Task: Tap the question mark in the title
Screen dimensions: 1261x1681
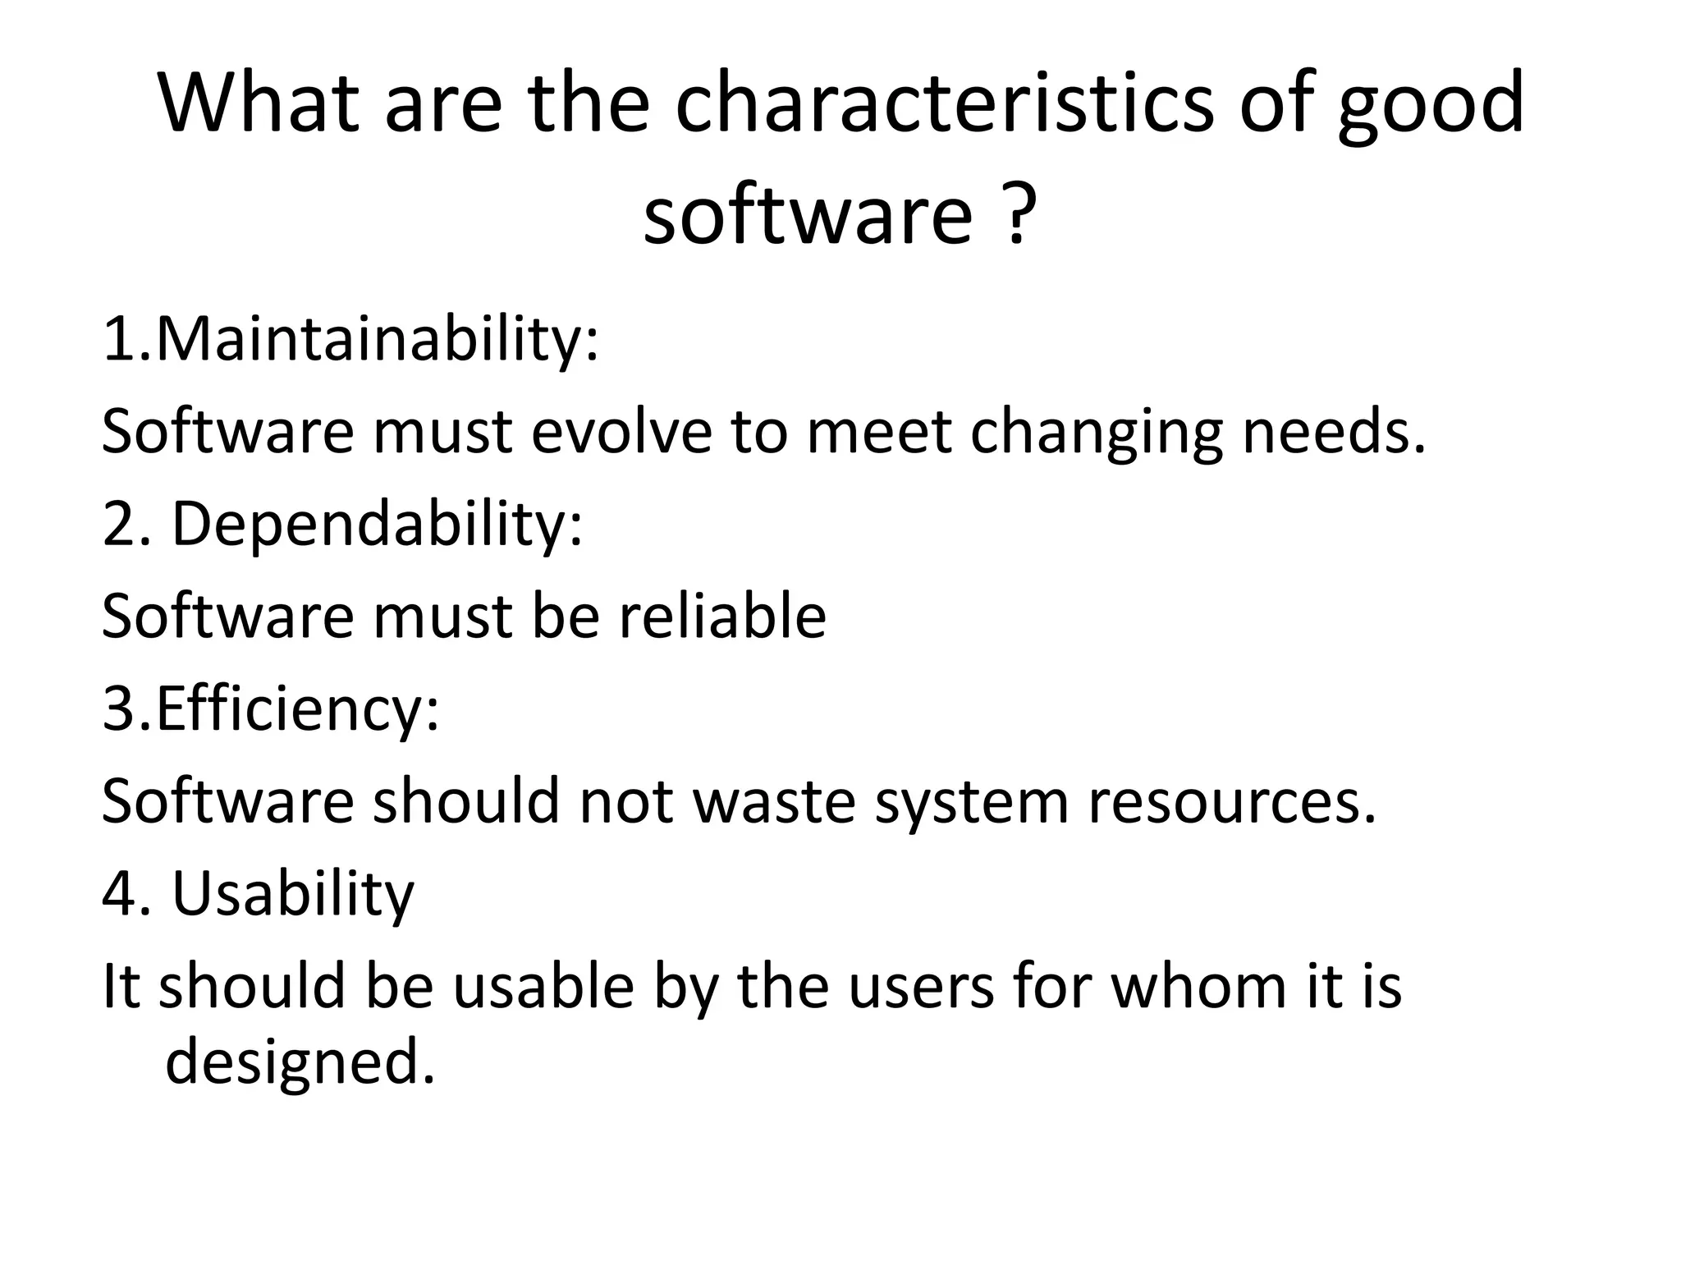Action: tap(1016, 215)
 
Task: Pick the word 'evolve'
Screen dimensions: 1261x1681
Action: tap(621, 432)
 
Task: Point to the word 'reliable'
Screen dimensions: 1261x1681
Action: tap(722, 617)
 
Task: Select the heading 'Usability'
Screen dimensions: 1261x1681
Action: tap(293, 894)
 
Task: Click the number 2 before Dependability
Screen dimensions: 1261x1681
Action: tap(117, 525)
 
